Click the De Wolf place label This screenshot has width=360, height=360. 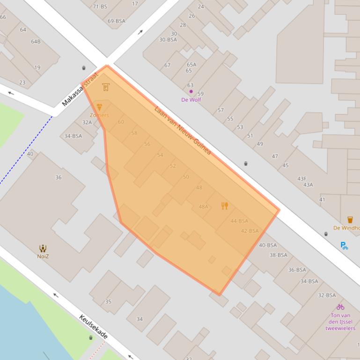(x=191, y=100)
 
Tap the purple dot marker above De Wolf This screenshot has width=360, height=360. (x=191, y=92)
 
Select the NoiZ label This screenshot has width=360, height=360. (x=43, y=256)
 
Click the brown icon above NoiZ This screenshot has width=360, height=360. (x=43, y=248)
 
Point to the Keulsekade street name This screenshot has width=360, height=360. (x=94, y=327)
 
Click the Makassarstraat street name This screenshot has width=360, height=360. (x=80, y=89)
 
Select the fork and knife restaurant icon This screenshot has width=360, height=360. (x=225, y=206)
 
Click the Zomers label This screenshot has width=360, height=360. (x=99, y=115)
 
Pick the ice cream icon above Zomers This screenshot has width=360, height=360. (x=99, y=107)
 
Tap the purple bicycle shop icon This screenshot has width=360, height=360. (x=340, y=307)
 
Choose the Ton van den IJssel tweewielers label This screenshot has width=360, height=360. (x=340, y=322)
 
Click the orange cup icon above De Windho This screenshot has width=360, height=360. (x=350, y=220)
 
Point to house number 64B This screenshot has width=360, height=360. (x=36, y=42)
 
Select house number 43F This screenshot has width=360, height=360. (x=302, y=179)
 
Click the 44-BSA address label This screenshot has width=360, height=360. (x=239, y=221)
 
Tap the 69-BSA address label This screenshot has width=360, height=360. (x=117, y=21)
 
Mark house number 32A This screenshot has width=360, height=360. (x=87, y=122)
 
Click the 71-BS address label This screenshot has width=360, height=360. (x=100, y=7)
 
